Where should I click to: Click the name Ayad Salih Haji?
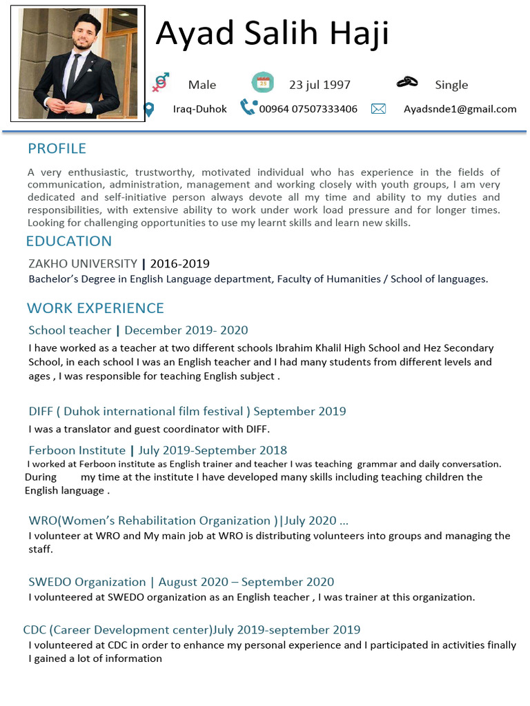coord(272,33)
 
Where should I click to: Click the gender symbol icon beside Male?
coord(160,83)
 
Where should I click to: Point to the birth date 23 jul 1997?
coord(320,85)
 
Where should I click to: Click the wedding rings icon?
coord(407,83)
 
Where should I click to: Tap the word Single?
coord(451,85)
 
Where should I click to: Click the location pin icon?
coord(148,109)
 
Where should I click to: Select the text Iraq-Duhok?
coord(199,109)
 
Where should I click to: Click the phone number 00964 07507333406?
coord(308,109)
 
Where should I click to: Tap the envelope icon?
coord(378,109)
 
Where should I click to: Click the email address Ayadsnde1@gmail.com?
coord(460,109)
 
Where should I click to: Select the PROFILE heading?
coord(57,148)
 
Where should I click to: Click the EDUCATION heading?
coord(68,241)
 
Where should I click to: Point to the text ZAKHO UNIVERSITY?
coord(83,263)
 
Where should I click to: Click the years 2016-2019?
coord(179,263)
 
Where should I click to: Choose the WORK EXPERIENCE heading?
coord(95,307)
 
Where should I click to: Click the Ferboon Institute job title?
coord(77,450)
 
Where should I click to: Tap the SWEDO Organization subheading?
coord(87,582)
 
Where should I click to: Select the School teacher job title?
coord(70,330)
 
